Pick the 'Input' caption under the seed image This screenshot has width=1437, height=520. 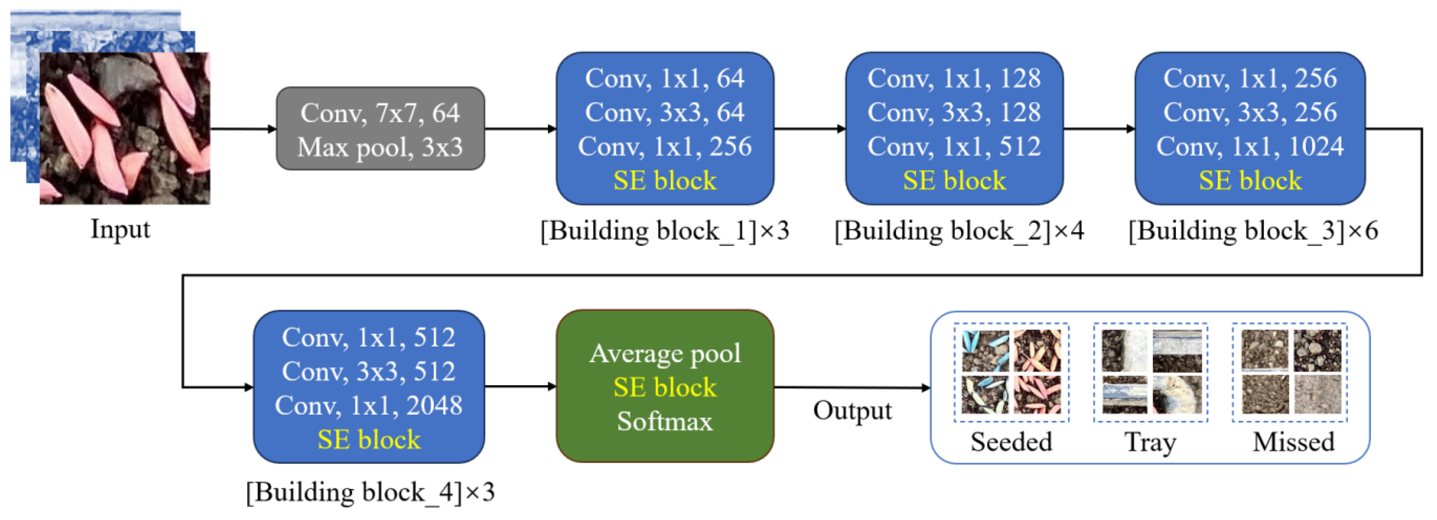coord(120,229)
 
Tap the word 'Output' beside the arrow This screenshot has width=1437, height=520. coord(852,411)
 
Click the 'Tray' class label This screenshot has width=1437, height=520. coord(1150,442)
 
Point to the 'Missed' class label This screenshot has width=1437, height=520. coord(1293,442)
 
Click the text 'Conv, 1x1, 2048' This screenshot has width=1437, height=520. coord(368,405)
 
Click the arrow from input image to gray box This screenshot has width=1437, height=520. coord(243,129)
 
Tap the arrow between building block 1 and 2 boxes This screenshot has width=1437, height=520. coord(809,129)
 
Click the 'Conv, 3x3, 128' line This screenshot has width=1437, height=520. coord(953,112)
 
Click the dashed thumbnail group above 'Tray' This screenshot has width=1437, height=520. coord(1150,372)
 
